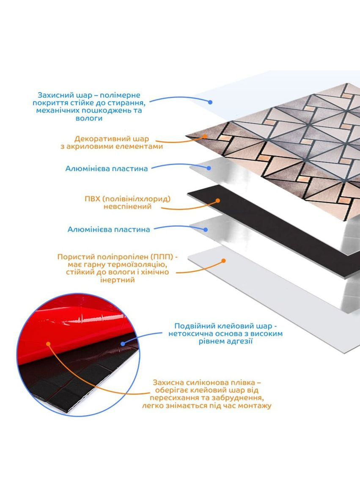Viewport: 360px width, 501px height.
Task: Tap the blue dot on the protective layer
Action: tap(210, 102)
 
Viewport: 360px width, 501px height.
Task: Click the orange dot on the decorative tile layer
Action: tap(204, 136)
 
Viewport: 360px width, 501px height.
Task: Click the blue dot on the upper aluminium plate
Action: tap(209, 168)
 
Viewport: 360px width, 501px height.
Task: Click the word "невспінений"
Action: tap(127, 206)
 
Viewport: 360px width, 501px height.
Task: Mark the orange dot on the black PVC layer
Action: tap(217, 201)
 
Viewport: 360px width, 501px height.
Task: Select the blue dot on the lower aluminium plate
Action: tap(206, 229)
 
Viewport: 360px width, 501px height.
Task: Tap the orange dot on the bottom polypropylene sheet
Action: tap(224, 261)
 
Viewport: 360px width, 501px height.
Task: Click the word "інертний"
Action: tap(118, 280)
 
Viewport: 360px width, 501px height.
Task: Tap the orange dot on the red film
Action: tap(48, 344)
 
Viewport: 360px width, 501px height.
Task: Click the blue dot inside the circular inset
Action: tap(123, 344)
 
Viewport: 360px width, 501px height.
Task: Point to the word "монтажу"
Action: tap(255, 406)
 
